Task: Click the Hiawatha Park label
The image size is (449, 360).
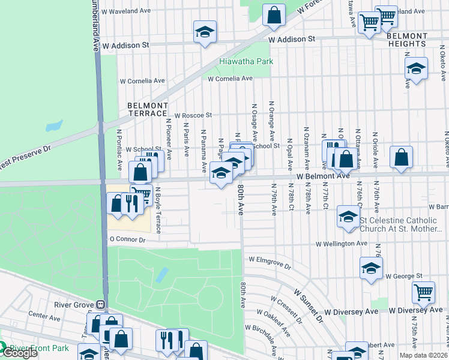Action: point(246,61)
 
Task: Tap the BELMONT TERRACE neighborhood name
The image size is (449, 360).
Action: point(147,109)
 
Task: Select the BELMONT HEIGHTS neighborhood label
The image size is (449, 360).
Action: point(407,40)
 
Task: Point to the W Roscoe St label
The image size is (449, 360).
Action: point(193,115)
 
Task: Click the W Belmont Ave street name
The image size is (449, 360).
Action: point(323,176)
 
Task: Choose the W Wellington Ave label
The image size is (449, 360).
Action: point(342,244)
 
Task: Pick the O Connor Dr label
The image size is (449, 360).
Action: point(127,239)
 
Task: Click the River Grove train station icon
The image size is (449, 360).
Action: point(100,304)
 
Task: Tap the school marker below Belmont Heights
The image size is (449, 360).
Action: point(416,70)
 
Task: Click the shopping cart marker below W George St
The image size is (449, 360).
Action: point(423,293)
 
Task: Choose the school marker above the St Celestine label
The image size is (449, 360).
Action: point(348,217)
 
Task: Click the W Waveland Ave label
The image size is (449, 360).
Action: point(125,11)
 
